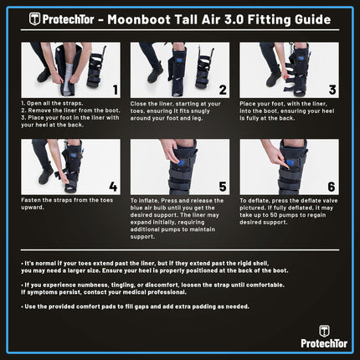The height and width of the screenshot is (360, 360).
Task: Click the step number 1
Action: click(x=114, y=87)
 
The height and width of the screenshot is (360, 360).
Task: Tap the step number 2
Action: click(x=223, y=87)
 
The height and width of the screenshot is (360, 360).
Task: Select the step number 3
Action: click(x=332, y=87)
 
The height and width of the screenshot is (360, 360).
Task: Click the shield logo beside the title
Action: click(x=35, y=18)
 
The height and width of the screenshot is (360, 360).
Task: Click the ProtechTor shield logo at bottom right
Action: click(x=324, y=331)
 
